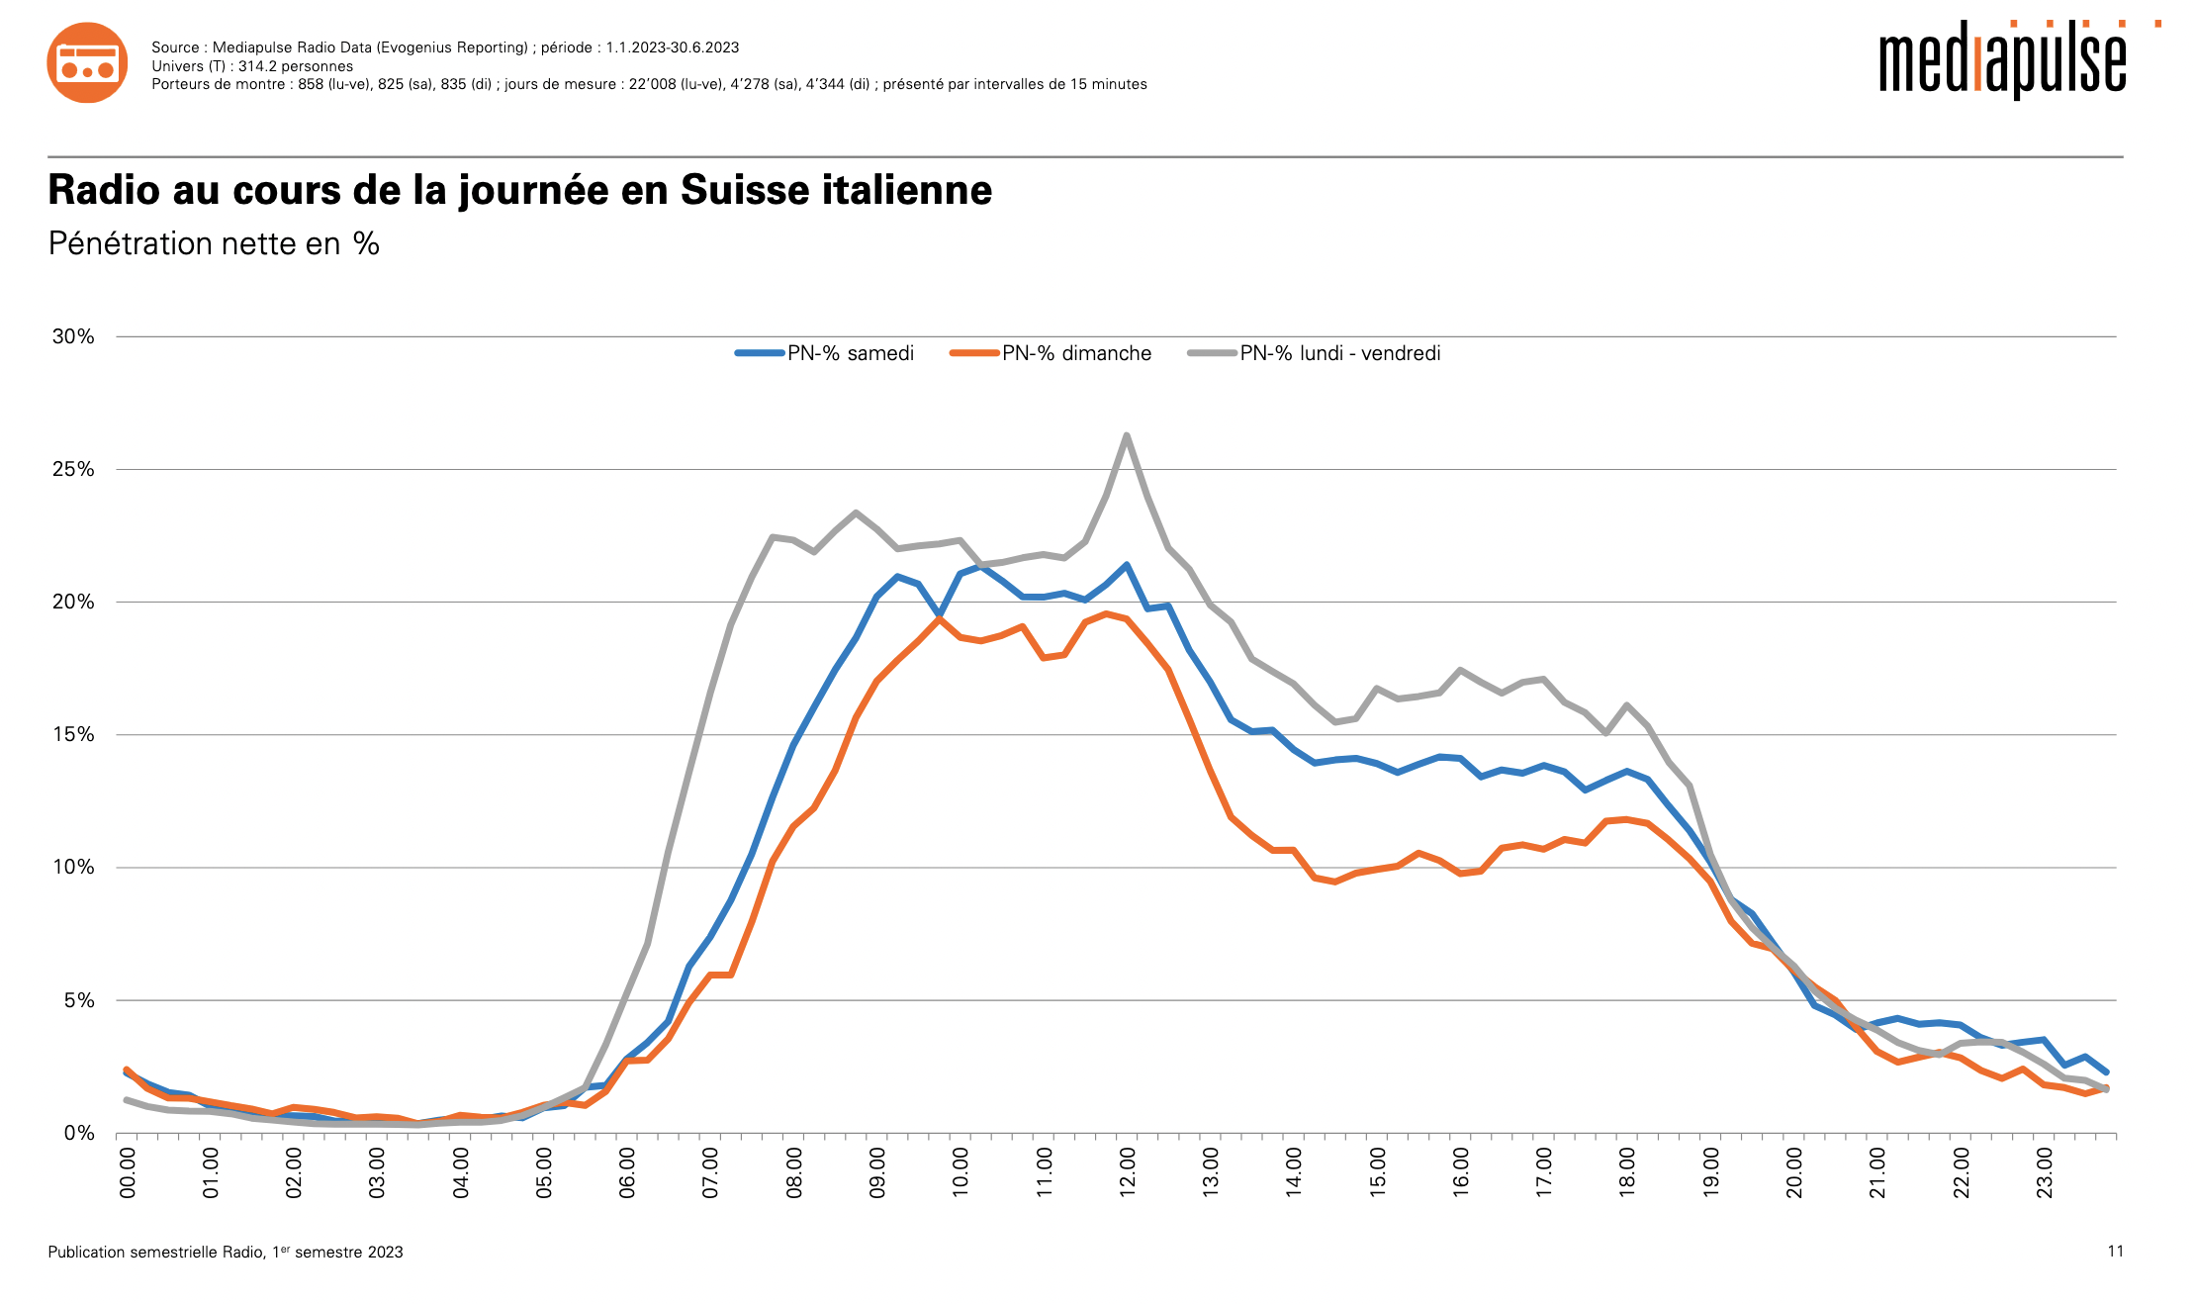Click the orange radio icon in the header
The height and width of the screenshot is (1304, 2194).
pyautogui.click(x=87, y=62)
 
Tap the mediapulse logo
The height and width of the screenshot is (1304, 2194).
pyautogui.click(x=2002, y=61)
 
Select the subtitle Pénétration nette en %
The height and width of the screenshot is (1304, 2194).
pyautogui.click(x=214, y=243)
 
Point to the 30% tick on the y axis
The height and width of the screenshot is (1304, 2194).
pyautogui.click(x=73, y=336)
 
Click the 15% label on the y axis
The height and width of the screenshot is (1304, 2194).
pyautogui.click(x=73, y=734)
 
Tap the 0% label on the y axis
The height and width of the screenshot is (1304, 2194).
pyautogui.click(x=79, y=1133)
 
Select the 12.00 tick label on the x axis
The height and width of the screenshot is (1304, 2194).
pyautogui.click(x=1127, y=1172)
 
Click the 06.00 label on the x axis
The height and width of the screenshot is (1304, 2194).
pyautogui.click(x=627, y=1172)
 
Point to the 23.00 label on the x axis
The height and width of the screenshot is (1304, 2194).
pyautogui.click(x=2044, y=1172)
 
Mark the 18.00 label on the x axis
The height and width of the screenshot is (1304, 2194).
pyautogui.click(x=1627, y=1172)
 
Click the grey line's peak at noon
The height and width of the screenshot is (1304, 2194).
pyautogui.click(x=1127, y=435)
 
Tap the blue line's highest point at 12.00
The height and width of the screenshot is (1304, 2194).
pyautogui.click(x=1127, y=565)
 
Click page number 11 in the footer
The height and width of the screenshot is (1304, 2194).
pyautogui.click(x=2115, y=1252)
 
